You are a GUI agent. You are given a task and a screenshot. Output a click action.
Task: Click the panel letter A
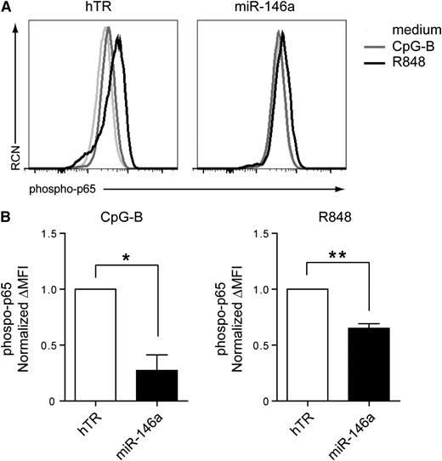(7, 9)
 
